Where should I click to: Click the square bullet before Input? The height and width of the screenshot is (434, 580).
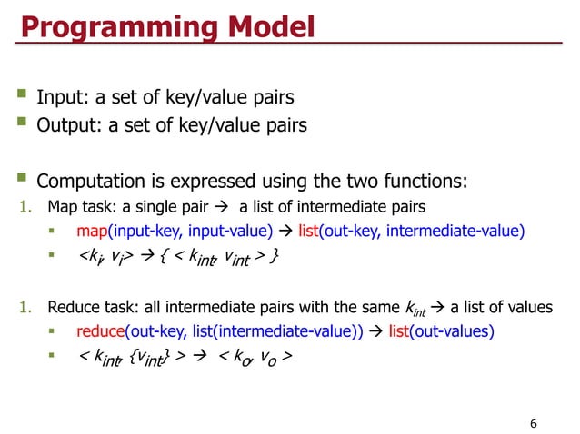coord(22,96)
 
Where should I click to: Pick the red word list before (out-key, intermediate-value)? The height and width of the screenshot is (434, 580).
coord(310,231)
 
